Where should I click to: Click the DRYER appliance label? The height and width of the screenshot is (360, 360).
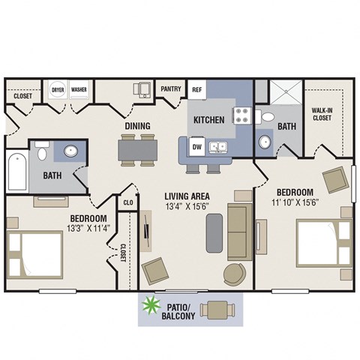58,89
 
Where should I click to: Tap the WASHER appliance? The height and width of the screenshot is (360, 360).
79,89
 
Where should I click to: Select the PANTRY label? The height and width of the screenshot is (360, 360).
171,88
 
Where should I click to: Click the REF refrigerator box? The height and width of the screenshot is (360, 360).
197,89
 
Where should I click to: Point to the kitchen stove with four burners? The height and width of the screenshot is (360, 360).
243,115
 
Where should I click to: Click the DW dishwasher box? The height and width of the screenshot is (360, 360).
196,146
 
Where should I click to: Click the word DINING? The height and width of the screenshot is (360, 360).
137,125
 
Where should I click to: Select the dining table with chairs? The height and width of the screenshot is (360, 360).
138,150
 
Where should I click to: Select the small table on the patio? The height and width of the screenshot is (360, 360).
217,308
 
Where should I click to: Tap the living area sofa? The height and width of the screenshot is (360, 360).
238,231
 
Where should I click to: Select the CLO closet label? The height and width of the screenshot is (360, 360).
127,202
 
